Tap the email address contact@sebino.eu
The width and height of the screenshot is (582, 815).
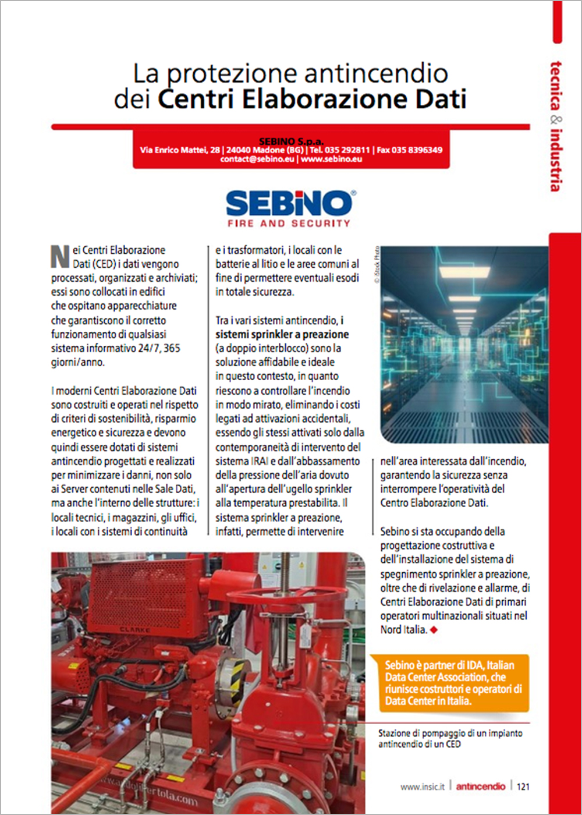click(257, 159)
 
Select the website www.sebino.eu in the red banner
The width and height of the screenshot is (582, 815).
click(331, 159)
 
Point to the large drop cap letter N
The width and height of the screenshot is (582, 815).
click(60, 256)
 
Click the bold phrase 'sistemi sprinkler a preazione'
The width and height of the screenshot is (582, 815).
click(282, 334)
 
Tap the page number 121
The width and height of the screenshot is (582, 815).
click(523, 786)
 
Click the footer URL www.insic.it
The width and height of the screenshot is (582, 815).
click(422, 786)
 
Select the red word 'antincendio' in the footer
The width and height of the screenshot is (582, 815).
click(481, 786)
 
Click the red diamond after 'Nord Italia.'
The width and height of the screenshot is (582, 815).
click(434, 629)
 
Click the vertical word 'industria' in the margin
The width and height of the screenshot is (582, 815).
click(556, 159)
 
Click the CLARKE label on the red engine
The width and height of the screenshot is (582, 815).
click(135, 629)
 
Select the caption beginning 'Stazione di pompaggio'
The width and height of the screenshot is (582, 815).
click(450, 739)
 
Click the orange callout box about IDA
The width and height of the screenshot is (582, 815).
click(449, 683)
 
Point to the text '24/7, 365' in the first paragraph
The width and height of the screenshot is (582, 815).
click(156, 349)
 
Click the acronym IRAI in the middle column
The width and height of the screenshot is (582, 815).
click(260, 461)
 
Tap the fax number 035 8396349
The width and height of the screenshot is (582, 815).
click(417, 150)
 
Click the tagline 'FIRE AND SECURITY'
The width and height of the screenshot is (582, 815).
click(289, 224)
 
